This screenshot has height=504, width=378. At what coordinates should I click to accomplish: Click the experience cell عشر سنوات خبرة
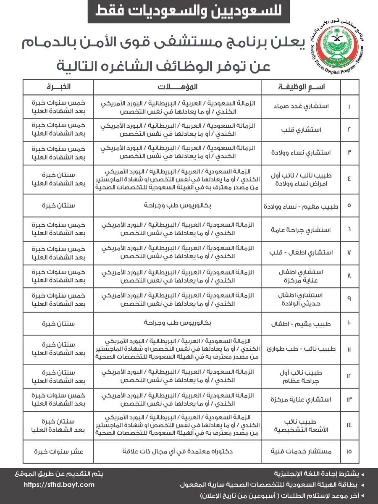click(x=58, y=451)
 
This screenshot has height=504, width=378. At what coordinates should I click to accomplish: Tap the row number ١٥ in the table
click(x=349, y=451)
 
